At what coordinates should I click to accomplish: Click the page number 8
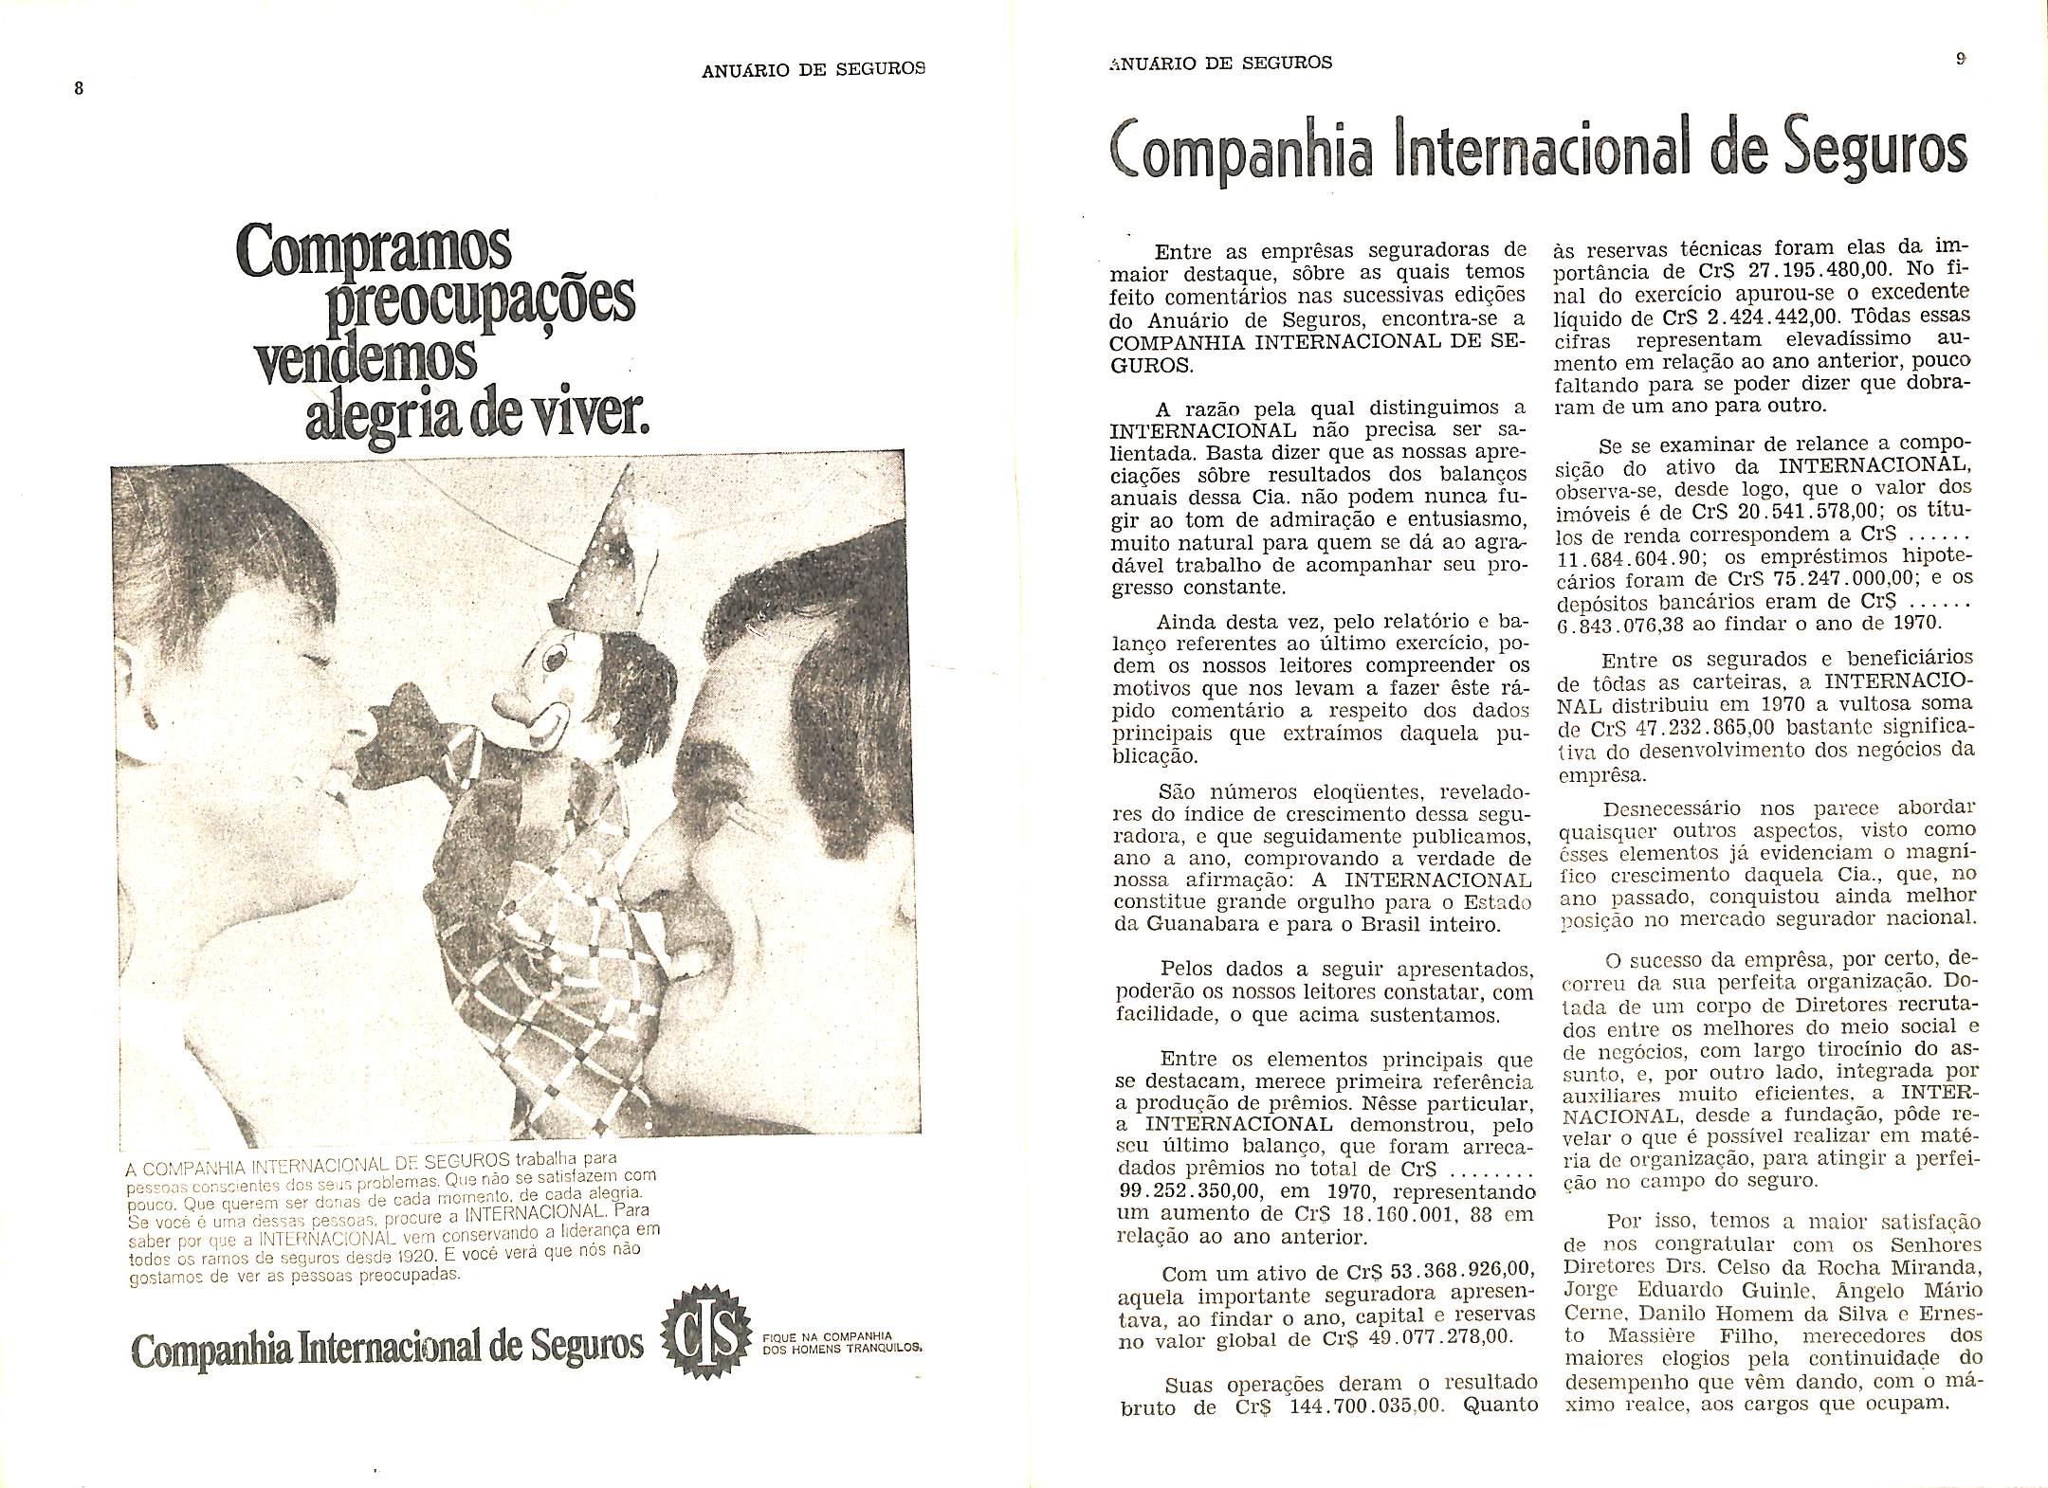point(80,88)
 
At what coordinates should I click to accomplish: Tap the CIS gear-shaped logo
point(700,1345)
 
